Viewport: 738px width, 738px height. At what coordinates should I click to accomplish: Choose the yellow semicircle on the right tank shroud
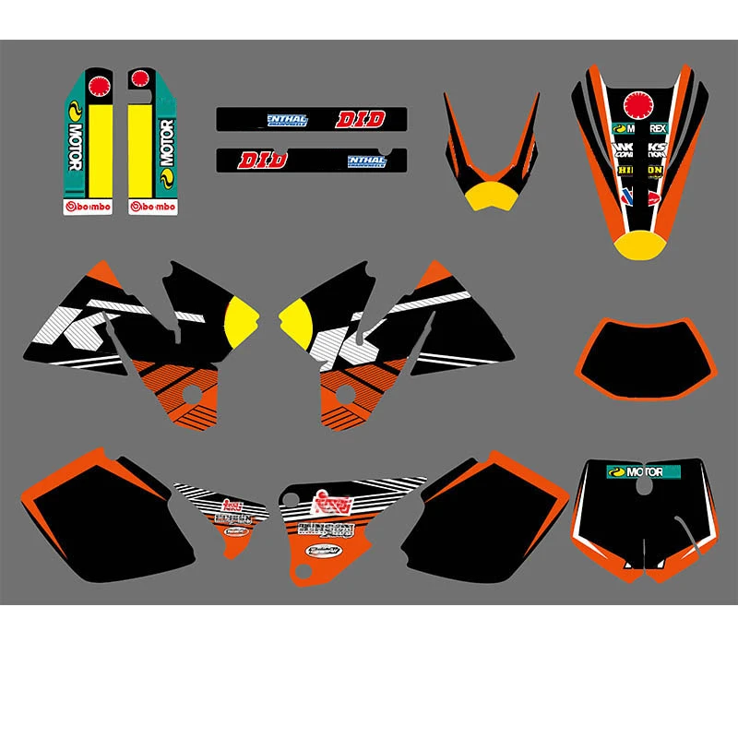[x=297, y=319]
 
